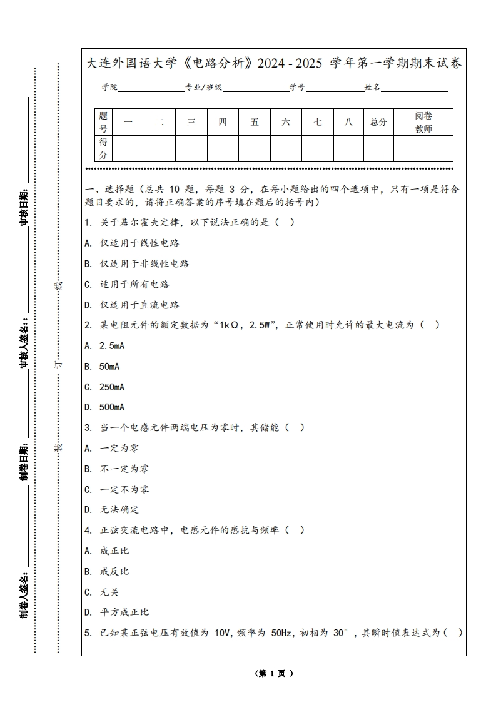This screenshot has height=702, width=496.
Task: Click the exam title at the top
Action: pos(274,63)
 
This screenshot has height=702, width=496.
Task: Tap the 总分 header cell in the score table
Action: pos(378,122)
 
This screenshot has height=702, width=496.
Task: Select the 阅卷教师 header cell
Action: pos(423,122)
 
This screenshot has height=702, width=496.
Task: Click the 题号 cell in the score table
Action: pos(103,122)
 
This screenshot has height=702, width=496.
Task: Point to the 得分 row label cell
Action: pos(103,148)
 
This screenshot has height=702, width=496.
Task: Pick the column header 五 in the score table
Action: pos(255,122)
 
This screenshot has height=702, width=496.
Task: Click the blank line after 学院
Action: pos(151,88)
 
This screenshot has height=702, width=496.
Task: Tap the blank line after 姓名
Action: pos(414,88)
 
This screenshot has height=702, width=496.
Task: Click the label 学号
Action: pos(297,88)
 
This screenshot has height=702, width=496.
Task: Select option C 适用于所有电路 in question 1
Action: pos(134,284)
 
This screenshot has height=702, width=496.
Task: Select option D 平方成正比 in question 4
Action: pos(124,612)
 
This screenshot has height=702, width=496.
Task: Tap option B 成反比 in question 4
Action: pos(114,571)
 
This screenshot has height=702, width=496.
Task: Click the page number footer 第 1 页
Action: pos(274,673)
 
